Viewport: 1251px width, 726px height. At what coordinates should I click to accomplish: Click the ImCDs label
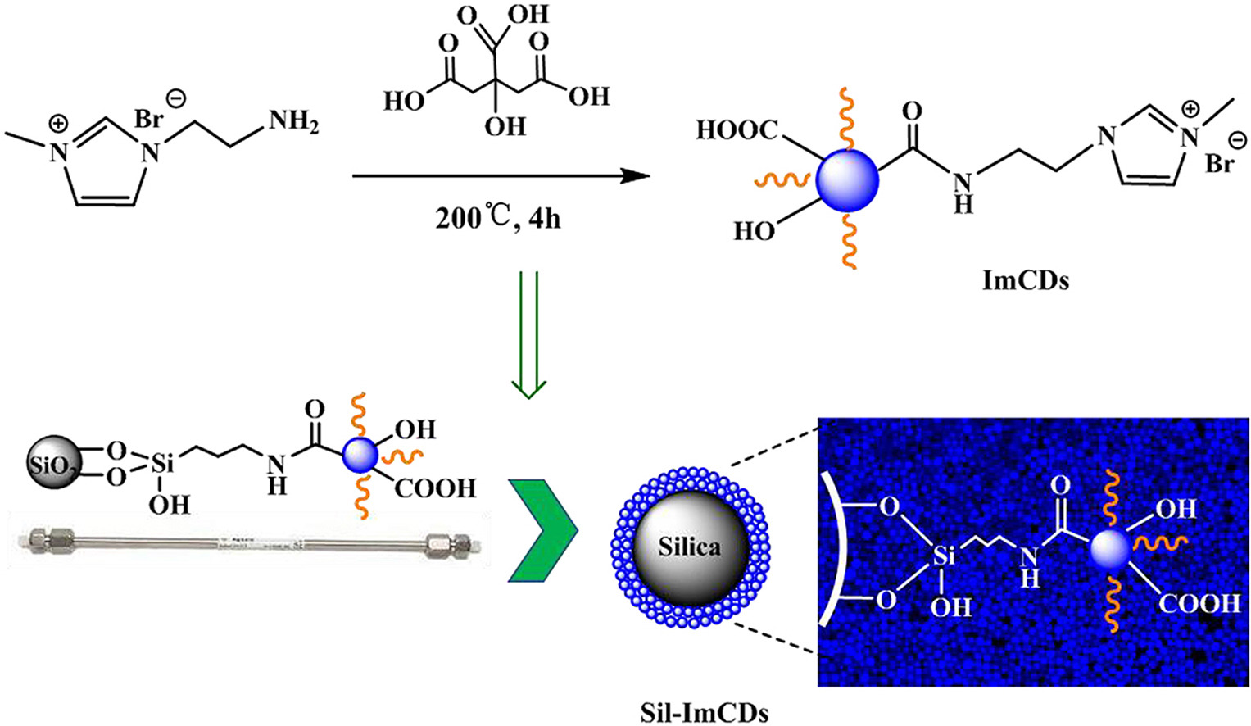tap(1025, 281)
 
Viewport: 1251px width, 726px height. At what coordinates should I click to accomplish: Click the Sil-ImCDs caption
tap(704, 712)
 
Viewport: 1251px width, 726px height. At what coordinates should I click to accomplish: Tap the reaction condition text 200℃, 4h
tap(497, 218)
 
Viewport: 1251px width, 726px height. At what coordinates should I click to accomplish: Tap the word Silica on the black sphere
tap(689, 547)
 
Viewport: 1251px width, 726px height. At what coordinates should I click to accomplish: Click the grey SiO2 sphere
tap(54, 465)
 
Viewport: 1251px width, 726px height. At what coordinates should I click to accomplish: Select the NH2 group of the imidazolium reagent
tap(292, 123)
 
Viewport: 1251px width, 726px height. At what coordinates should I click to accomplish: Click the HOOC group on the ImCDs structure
tap(736, 129)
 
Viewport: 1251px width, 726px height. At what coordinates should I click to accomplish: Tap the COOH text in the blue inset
tap(1199, 604)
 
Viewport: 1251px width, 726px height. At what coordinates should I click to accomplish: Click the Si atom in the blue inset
tap(944, 556)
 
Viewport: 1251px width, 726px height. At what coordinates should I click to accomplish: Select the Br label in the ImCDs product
tap(1218, 164)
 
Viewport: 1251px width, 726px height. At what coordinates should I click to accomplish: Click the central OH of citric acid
tap(504, 126)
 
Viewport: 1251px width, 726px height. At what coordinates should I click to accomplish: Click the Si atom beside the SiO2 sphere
tap(163, 465)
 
